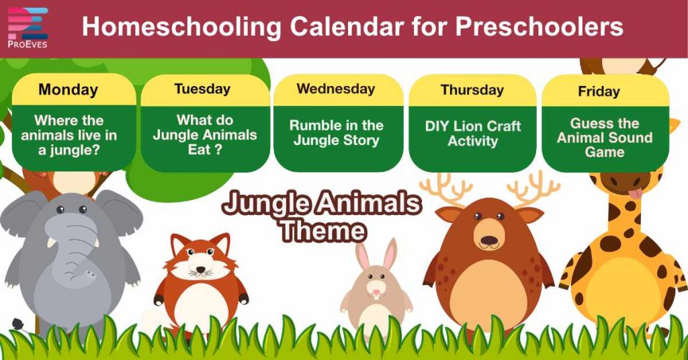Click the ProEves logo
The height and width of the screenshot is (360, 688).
28,29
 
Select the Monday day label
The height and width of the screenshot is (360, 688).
68,90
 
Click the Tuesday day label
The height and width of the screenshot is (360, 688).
202,89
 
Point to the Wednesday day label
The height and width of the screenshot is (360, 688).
336,89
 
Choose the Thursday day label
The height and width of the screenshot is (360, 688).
472,90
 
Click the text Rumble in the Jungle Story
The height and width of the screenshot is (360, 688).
336,133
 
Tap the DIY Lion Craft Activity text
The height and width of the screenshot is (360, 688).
472,133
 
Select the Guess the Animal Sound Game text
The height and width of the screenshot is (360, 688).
605,138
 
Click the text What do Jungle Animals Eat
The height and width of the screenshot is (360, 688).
204,134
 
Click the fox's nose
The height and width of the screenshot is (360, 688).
200,272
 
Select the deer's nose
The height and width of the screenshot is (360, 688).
490,240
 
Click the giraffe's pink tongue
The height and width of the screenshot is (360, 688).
632,195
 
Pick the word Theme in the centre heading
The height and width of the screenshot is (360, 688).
322,230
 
